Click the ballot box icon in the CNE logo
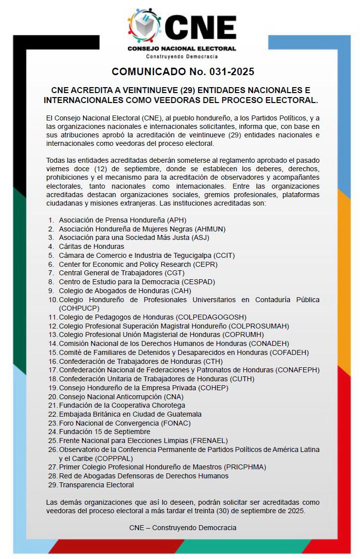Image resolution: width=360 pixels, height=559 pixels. point(145,26)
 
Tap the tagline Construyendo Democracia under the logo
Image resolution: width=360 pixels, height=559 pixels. point(182,56)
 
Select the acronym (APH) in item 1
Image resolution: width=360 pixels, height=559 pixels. point(177,220)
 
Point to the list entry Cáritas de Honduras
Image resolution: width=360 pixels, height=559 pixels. point(91,246)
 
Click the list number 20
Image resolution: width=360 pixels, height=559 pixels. point(53,397)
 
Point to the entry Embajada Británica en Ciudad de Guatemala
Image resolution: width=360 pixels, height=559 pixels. point(130,414)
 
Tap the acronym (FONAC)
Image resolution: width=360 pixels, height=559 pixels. point(176,423)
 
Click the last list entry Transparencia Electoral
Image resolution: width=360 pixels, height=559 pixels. point(96,485)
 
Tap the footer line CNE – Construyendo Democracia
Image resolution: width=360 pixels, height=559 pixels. point(183,527)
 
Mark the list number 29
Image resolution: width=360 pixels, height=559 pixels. point(53,485)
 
